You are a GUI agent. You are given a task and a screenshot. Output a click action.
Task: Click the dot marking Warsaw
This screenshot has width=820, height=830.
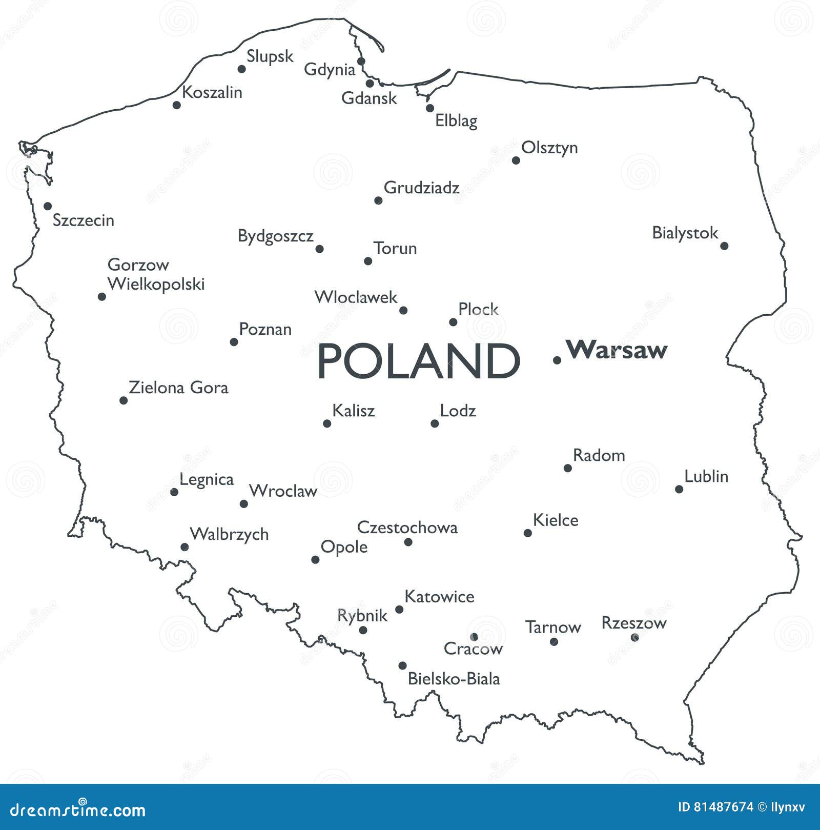[x=557, y=360]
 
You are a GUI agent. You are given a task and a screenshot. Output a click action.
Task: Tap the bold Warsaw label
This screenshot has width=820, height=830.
[x=617, y=350]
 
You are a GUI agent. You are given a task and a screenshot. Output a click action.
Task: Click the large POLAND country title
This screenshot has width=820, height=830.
[x=419, y=361]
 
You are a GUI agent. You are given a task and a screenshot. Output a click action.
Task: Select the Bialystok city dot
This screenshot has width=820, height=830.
[x=724, y=246]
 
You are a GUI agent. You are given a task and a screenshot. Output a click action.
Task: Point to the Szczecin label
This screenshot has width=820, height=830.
[x=84, y=220]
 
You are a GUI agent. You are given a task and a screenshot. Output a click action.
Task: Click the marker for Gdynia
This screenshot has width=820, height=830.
[x=361, y=62]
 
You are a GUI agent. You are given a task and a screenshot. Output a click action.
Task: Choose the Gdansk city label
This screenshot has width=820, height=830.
[x=369, y=98]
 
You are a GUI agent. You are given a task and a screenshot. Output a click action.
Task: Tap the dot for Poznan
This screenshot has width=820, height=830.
[x=234, y=342]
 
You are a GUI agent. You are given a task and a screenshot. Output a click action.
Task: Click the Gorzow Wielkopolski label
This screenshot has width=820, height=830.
[x=156, y=274]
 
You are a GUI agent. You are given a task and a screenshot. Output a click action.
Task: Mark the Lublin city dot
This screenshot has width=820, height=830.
[x=679, y=489]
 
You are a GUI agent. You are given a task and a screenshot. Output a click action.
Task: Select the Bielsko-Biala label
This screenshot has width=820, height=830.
[x=454, y=679]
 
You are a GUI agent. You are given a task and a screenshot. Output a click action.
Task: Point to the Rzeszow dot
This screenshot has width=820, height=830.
[x=635, y=638]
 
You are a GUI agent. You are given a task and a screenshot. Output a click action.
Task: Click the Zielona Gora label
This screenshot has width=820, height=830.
[x=178, y=388]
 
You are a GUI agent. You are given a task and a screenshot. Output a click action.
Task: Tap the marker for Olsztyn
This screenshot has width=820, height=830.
[x=516, y=160]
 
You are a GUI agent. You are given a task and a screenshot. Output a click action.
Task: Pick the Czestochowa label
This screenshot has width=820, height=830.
[x=407, y=528]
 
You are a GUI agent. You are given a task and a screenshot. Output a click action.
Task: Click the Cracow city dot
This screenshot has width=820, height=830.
[x=474, y=637]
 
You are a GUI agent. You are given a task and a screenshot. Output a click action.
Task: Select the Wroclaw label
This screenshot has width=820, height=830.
[x=283, y=491]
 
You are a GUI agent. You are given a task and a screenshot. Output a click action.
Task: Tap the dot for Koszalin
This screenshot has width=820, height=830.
[x=177, y=105]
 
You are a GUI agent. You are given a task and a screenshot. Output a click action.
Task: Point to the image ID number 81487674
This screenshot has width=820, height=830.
[x=723, y=807]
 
